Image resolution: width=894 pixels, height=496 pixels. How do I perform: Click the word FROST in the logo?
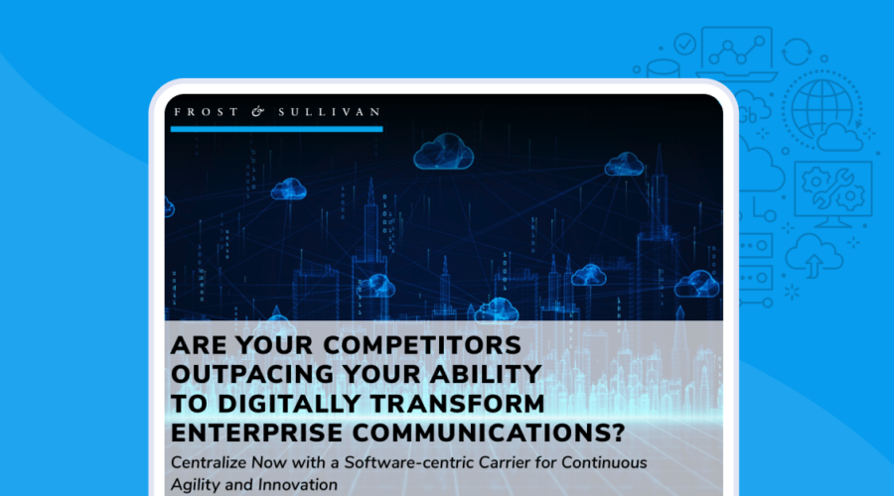click(x=206, y=112)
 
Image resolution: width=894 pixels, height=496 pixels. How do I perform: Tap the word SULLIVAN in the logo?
click(x=329, y=112)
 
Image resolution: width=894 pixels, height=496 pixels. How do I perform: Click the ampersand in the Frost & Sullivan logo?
click(x=258, y=112)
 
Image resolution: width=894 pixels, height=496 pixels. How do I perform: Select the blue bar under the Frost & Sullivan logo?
click(x=276, y=129)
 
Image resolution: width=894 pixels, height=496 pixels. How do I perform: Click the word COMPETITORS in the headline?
click(x=422, y=345)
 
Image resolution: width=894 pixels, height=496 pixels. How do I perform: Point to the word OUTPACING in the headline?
click(x=252, y=374)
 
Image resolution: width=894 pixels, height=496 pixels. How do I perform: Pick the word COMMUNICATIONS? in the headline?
click(x=489, y=433)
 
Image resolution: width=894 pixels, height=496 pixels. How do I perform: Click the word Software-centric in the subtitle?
click(x=409, y=462)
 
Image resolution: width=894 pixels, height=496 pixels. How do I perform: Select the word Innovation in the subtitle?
click(x=298, y=485)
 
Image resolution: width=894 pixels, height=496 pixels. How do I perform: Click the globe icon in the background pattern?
click(x=821, y=109)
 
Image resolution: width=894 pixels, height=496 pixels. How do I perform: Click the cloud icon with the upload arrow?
click(x=814, y=256)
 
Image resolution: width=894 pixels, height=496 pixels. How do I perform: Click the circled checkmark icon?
click(x=684, y=44)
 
